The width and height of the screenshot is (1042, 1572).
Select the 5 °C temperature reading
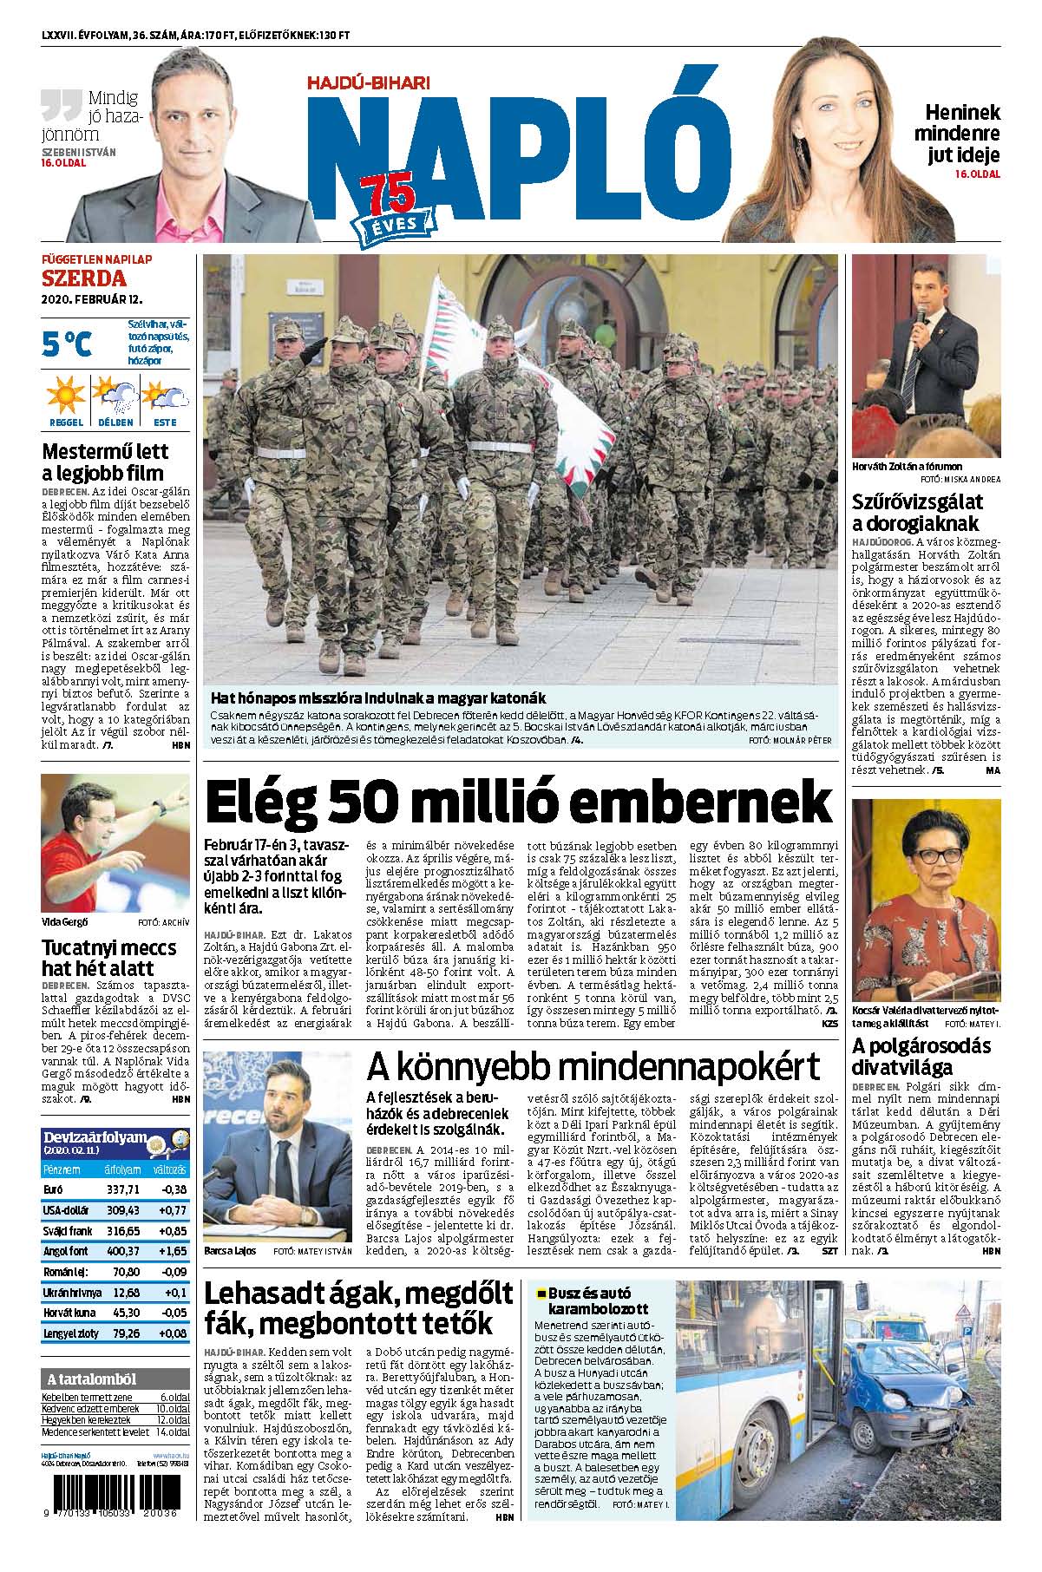(66, 344)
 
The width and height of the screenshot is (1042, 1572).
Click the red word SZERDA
(84, 278)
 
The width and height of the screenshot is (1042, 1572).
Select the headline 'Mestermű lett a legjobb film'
(105, 462)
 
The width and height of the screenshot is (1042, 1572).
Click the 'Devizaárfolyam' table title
(95, 1137)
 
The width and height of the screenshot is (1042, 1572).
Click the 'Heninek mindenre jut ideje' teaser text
(961, 134)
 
